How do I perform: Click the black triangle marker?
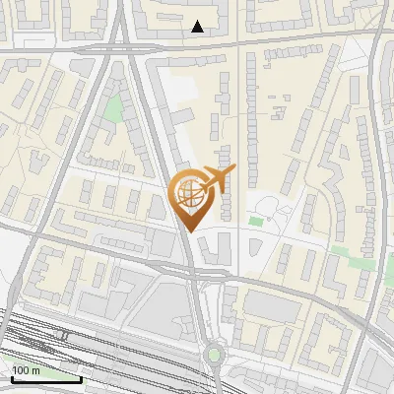(198, 27)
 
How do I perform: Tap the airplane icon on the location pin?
(217, 179)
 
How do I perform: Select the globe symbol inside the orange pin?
(187, 192)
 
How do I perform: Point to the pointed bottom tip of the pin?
(187, 230)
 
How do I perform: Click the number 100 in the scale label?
(21, 371)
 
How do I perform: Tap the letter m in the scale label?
(36, 371)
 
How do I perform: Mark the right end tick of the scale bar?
(81, 378)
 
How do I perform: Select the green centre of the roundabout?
(213, 355)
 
